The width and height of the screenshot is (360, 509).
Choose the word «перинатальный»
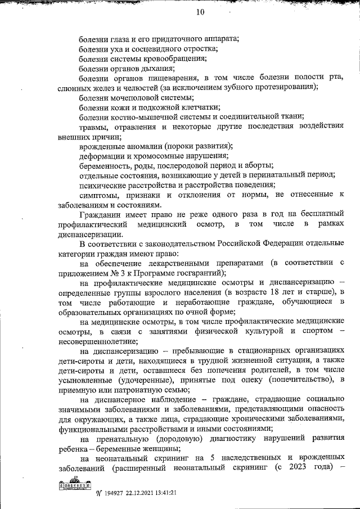[270, 175]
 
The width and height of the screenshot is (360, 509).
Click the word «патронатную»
[129, 390]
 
